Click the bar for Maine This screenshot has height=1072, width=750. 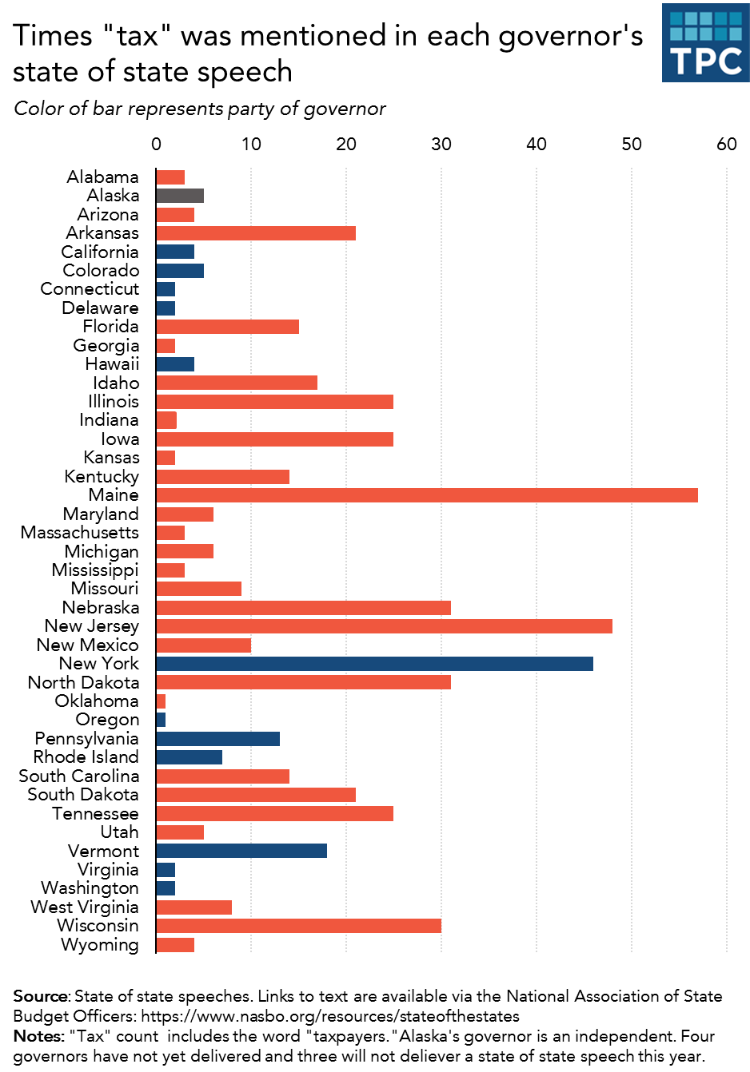(x=426, y=495)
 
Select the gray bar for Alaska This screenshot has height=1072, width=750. (x=180, y=196)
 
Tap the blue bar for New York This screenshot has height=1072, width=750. (x=374, y=664)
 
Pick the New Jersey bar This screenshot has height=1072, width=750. (x=384, y=626)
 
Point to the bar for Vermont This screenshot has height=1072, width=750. (x=241, y=851)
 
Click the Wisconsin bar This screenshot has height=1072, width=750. (x=298, y=926)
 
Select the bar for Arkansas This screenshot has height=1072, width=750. (x=256, y=233)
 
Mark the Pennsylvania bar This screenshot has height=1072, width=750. (x=217, y=739)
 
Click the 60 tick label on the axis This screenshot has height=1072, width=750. (x=727, y=145)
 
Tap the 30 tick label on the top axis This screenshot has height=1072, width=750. (x=441, y=145)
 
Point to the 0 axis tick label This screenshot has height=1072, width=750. (x=157, y=145)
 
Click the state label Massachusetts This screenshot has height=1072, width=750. (x=80, y=533)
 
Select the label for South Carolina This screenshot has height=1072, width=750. (x=79, y=776)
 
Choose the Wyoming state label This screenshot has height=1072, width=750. (x=100, y=945)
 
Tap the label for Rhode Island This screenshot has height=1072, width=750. (x=86, y=757)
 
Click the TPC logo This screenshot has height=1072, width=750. (x=705, y=43)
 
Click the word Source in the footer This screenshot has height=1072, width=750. (x=42, y=996)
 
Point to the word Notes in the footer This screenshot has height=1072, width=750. (x=38, y=1036)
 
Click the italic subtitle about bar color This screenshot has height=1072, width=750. (x=200, y=109)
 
